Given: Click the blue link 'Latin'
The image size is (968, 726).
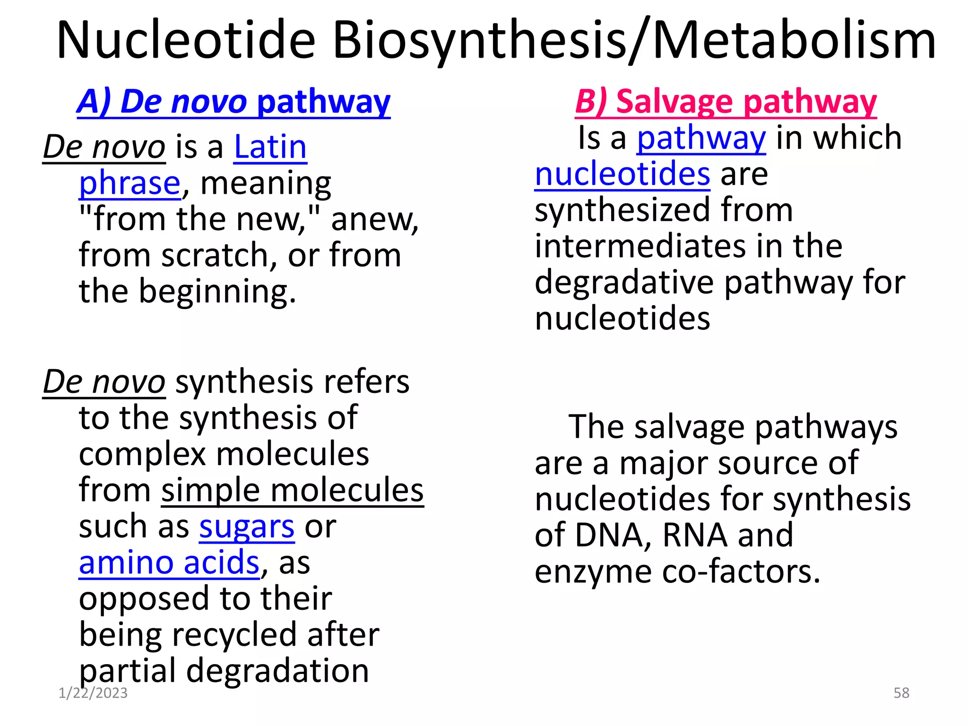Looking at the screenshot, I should pyautogui.click(x=270, y=147).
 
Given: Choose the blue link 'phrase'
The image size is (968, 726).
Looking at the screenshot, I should pyautogui.click(x=130, y=183).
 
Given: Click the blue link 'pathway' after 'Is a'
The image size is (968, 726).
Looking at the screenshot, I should pyautogui.click(x=701, y=138).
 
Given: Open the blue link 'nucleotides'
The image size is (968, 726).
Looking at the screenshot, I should pyautogui.click(x=622, y=174).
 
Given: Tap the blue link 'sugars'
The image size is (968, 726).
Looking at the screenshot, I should pyautogui.click(x=247, y=527).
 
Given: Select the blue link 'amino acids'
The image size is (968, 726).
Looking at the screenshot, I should pyautogui.click(x=169, y=563).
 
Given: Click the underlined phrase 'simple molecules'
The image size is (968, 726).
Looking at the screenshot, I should pyautogui.click(x=292, y=491).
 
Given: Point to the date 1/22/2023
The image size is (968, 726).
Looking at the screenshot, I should pyautogui.click(x=93, y=693).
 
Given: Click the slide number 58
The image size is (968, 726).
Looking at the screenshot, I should pyautogui.click(x=901, y=693).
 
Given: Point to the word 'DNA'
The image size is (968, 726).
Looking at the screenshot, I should pyautogui.click(x=610, y=536).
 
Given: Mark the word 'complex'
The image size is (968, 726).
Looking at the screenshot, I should pyautogui.click(x=142, y=454).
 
